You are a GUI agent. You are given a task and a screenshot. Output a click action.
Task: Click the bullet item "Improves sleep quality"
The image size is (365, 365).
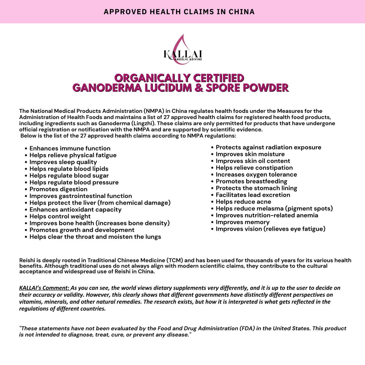(63, 162)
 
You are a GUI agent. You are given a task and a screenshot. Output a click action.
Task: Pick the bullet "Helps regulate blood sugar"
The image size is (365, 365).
(69, 176)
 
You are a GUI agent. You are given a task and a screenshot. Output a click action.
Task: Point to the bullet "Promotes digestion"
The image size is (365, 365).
(58, 189)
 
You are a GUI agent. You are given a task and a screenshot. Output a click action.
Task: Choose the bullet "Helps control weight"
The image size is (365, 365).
(60, 216)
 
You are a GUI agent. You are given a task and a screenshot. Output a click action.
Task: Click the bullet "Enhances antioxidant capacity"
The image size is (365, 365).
(75, 210)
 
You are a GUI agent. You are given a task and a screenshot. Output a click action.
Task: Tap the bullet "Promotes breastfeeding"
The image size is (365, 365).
(251, 181)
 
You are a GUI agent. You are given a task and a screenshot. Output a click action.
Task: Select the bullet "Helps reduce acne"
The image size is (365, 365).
(243, 202)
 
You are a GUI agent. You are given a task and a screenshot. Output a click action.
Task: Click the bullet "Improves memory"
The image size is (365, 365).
(242, 222)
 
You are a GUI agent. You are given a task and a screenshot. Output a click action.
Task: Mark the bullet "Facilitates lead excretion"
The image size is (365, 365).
(253, 195)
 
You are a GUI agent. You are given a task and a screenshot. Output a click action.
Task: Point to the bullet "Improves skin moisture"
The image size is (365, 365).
(250, 154)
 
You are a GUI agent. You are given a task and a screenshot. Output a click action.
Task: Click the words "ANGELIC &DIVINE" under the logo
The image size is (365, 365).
(188, 59)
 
